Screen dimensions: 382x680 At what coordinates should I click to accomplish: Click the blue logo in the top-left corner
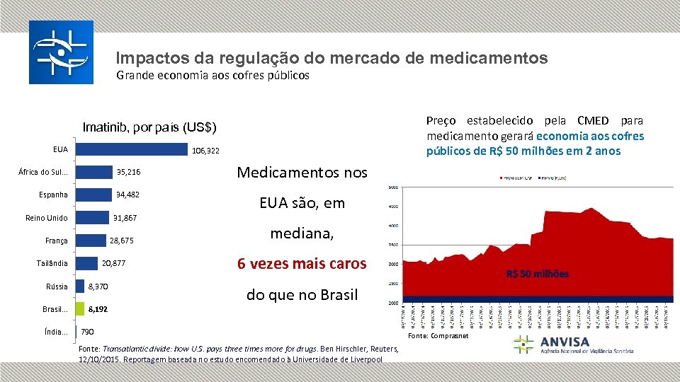pyautogui.click(x=60, y=52)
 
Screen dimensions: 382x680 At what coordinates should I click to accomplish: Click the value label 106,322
pyautogui.click(x=206, y=151)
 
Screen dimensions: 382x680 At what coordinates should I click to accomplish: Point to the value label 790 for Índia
pyautogui.click(x=88, y=332)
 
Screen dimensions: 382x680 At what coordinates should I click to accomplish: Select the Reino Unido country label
pyautogui.click(x=47, y=218)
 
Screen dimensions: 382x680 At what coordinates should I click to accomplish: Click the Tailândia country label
pyautogui.click(x=52, y=264)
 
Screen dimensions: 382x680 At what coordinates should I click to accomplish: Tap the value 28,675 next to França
pyautogui.click(x=121, y=241)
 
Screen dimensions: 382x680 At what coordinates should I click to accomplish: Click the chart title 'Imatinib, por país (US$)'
pyautogui.click(x=149, y=128)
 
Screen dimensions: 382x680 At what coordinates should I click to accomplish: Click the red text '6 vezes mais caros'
pyautogui.click(x=302, y=264)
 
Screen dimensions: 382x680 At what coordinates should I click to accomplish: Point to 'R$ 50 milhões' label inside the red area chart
pyautogui.click(x=537, y=274)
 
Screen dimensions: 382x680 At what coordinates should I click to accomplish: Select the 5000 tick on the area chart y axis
pyautogui.click(x=392, y=187)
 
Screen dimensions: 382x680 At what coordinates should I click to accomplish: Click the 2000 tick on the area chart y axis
pyautogui.click(x=392, y=303)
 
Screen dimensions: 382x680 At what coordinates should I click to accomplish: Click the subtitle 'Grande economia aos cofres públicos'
pyautogui.click(x=212, y=75)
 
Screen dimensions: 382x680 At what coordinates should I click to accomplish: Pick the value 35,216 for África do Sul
pyautogui.click(x=128, y=172)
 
